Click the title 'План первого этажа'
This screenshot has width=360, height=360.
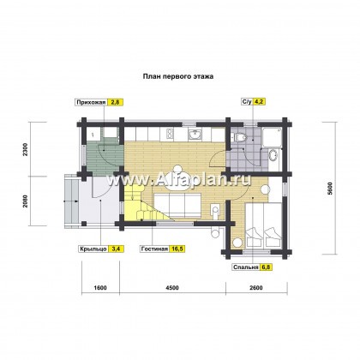click(x=177, y=76)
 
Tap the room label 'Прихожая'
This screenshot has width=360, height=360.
click(x=91, y=102)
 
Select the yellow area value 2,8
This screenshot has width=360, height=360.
click(x=115, y=102)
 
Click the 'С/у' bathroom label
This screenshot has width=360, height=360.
click(x=247, y=102)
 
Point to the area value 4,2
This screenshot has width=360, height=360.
click(x=259, y=102)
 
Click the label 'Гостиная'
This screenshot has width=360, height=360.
click(x=154, y=249)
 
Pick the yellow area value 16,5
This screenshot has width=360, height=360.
click(x=177, y=249)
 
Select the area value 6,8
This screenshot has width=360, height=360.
click(x=266, y=267)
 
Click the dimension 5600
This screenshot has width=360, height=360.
click(x=330, y=189)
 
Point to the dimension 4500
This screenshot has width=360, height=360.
click(x=172, y=288)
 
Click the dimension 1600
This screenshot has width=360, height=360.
click(x=100, y=288)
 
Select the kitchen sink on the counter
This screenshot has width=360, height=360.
click(x=195, y=134)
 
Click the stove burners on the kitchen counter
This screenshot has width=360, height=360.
click(x=169, y=134)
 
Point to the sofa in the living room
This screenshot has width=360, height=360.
click(x=177, y=205)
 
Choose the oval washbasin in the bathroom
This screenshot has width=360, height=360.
click(x=273, y=155)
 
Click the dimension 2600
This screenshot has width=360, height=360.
click(x=256, y=288)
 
